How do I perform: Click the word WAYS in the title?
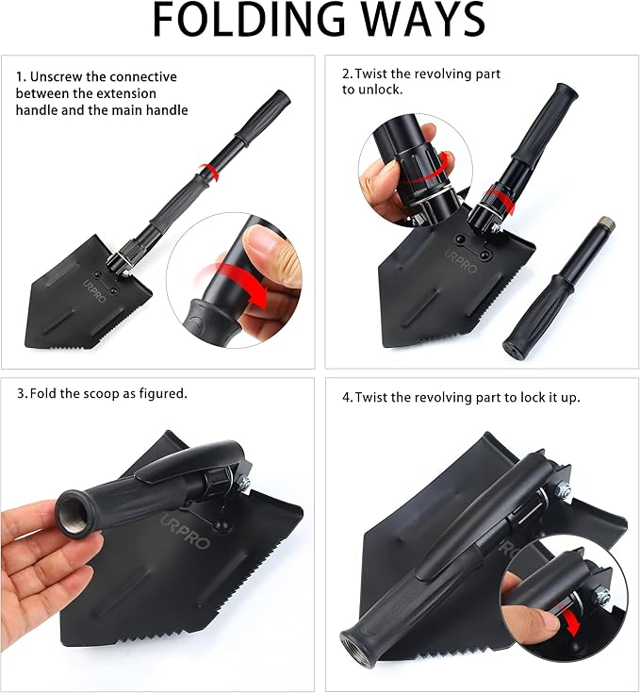423,20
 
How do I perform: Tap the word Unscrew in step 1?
56,77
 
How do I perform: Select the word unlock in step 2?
380,90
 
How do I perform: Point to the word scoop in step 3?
100,394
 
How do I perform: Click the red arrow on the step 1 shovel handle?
210,171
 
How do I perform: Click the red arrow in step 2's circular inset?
445,163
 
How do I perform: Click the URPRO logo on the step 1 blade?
95,290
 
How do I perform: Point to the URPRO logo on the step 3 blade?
185,531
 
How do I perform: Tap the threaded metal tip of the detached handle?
605,224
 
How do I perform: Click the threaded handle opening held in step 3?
73,514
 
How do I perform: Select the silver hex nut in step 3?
244,485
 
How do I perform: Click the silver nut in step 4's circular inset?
602,596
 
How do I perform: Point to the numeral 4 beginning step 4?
346,398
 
